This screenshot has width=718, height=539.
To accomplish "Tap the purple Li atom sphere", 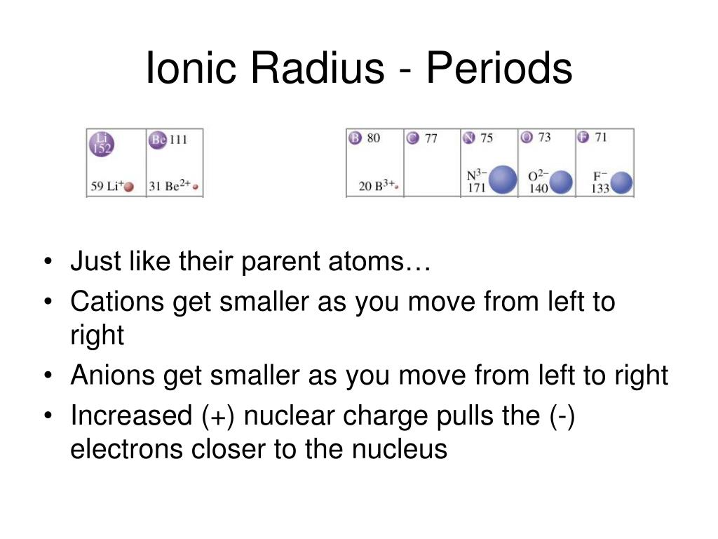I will point(101,144).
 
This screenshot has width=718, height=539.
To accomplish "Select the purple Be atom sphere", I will point(158,140).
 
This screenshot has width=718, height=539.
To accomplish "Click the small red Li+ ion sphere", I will point(129,187).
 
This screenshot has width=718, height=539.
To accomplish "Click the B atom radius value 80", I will point(374,138).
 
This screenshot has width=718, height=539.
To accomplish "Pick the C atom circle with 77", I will point(413,138).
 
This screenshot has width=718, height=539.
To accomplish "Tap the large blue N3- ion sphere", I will point(502,180).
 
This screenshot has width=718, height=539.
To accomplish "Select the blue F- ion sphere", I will point(621,184).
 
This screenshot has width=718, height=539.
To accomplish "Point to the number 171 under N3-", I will point(476,188).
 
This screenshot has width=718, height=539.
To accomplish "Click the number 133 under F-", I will point(600,188).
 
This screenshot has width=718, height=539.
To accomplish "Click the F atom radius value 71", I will point(600,138).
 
